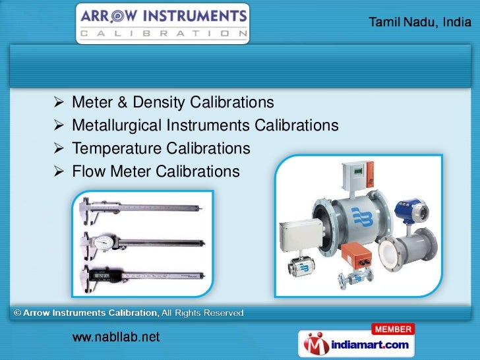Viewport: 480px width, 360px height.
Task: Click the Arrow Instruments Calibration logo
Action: click(163, 23)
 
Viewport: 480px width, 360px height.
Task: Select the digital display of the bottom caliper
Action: click(100, 276)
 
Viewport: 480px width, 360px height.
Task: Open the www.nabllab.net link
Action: click(115, 337)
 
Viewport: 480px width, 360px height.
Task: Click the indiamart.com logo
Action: click(356, 344)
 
